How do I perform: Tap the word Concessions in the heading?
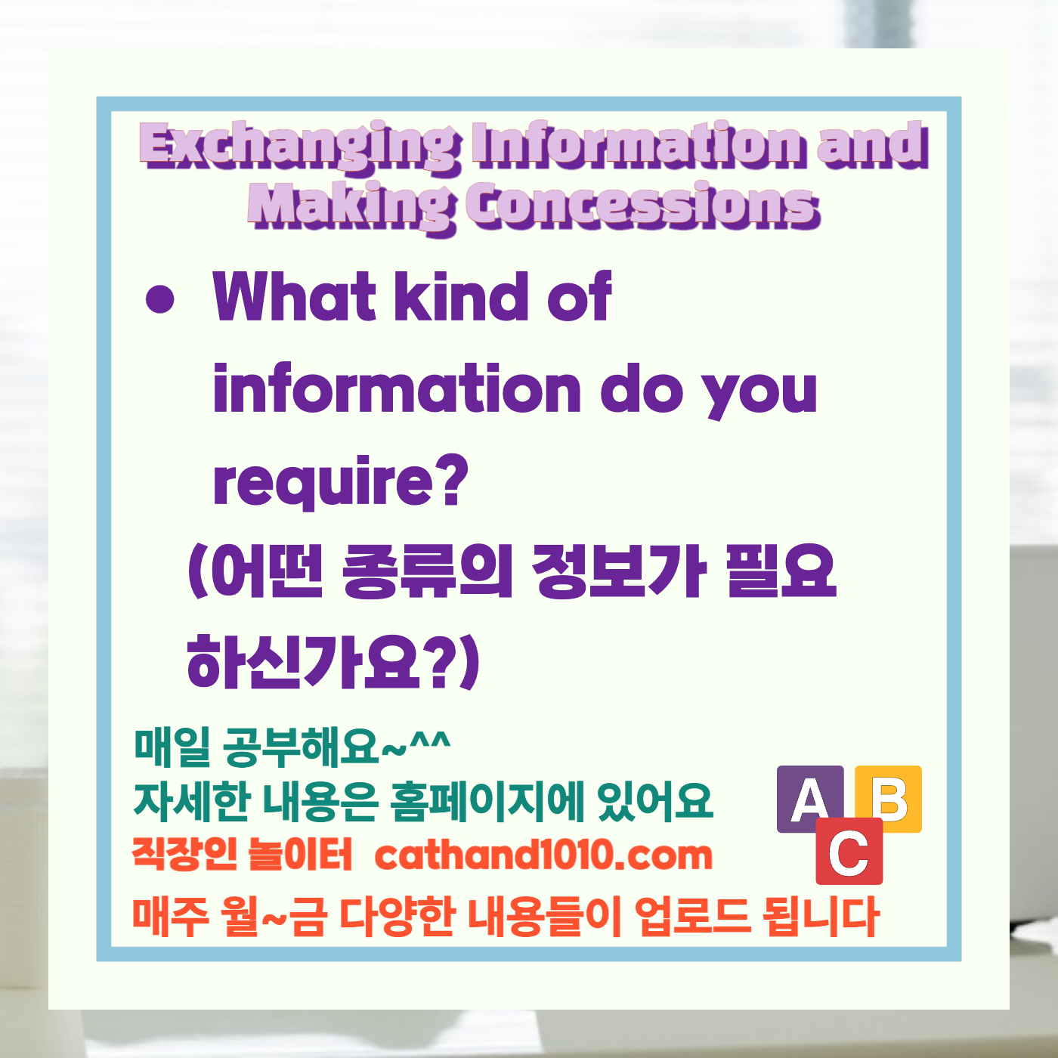(642, 206)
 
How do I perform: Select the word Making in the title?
(352, 206)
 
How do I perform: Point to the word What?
(295, 296)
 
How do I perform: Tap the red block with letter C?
(849, 852)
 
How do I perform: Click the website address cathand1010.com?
(543, 855)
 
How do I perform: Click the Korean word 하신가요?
(303, 662)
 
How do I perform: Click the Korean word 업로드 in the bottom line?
(692, 916)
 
